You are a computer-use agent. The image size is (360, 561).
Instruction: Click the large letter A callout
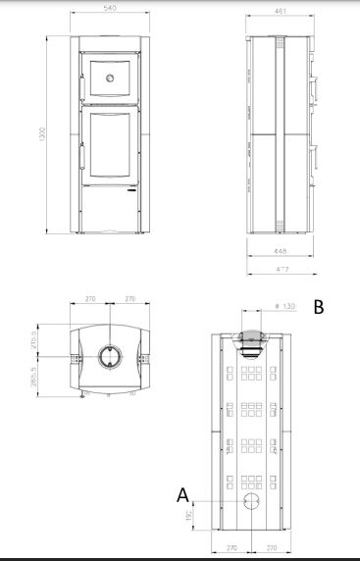(182, 495)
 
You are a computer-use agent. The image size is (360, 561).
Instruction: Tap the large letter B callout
(319, 306)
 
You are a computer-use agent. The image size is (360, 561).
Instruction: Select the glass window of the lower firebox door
(109, 145)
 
